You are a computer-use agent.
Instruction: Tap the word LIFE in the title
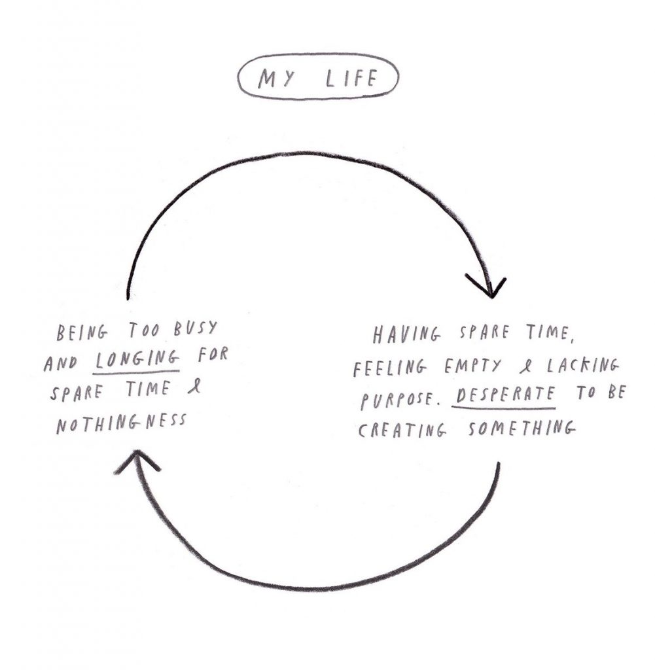tap(352, 79)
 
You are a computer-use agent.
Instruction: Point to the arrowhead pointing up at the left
tap(136, 460)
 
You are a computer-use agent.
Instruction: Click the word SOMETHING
tap(522, 428)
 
